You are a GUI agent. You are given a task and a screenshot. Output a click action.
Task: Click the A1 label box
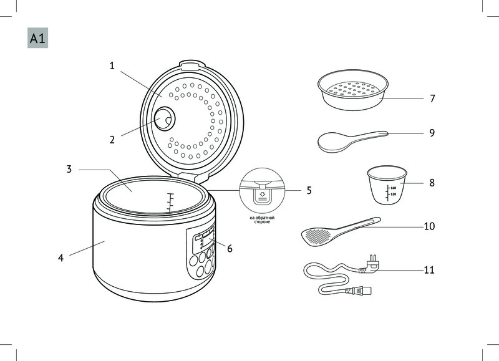[x=37, y=38]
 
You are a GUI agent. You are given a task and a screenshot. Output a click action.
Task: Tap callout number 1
[x=112, y=66]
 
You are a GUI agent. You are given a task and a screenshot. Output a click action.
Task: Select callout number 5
[x=309, y=190]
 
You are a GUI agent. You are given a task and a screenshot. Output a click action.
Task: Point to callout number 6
[x=230, y=248]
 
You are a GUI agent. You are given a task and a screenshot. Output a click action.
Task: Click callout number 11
[x=429, y=270]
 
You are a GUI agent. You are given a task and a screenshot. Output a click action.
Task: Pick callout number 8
[x=432, y=183]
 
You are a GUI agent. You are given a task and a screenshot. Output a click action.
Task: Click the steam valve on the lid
[x=165, y=118]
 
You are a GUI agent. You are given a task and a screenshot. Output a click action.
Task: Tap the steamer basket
[x=353, y=90]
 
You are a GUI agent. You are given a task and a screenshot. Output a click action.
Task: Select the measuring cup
[x=387, y=185]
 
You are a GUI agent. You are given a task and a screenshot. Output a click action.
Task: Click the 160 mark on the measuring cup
[x=394, y=188]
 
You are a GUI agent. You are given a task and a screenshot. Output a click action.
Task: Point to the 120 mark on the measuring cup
[x=394, y=195]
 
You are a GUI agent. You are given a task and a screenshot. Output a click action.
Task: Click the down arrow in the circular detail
[x=262, y=195]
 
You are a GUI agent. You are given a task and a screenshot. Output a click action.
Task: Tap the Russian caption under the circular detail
[x=262, y=219]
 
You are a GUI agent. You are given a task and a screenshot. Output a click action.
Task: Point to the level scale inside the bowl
[x=170, y=202]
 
